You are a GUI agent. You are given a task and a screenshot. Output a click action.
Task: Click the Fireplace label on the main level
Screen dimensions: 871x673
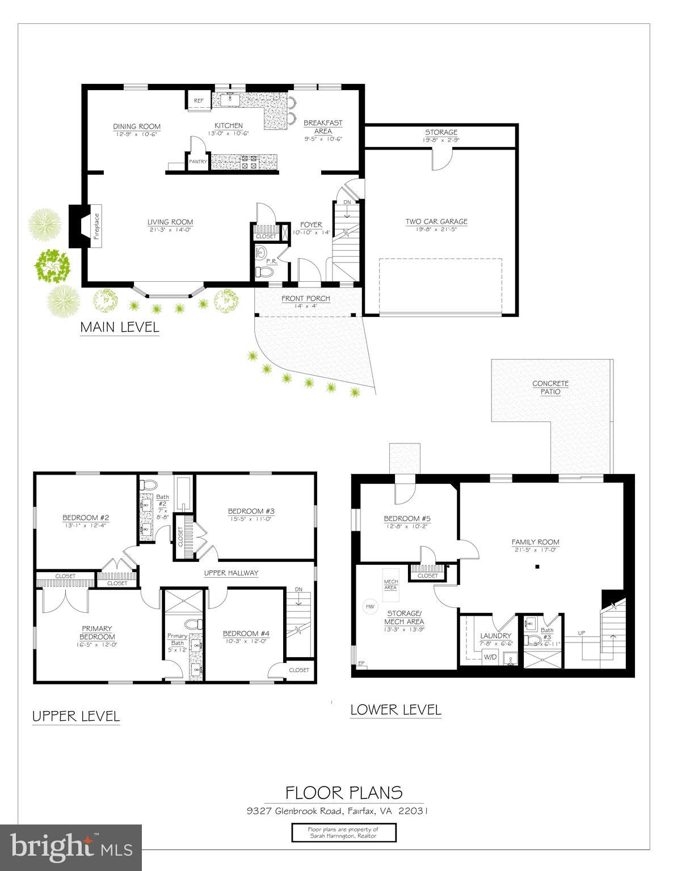pyautogui.click(x=96, y=226)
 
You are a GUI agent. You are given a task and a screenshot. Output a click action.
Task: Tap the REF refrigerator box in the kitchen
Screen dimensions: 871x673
pyautogui.click(x=199, y=100)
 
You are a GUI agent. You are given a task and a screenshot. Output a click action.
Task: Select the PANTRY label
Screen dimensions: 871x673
pyautogui.click(x=198, y=162)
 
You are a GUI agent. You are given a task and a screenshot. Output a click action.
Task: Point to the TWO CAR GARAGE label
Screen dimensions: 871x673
pyautogui.click(x=436, y=222)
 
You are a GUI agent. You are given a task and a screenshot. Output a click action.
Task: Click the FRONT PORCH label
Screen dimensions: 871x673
pyautogui.click(x=306, y=298)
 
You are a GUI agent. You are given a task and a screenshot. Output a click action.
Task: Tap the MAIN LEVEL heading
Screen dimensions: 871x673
pyautogui.click(x=120, y=327)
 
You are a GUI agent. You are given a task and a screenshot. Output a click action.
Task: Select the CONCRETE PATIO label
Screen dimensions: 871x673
pyautogui.click(x=550, y=388)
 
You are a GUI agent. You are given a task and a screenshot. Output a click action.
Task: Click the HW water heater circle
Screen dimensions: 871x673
pyautogui.click(x=371, y=606)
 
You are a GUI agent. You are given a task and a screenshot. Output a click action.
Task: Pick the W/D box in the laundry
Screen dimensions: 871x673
pyautogui.click(x=490, y=657)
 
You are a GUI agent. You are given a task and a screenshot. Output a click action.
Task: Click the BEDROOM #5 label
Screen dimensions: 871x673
pyautogui.click(x=407, y=518)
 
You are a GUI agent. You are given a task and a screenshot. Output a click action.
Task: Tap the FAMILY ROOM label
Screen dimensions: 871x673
pyautogui.click(x=535, y=542)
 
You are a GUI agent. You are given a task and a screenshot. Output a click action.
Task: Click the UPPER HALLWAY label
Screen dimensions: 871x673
pyautogui.click(x=231, y=573)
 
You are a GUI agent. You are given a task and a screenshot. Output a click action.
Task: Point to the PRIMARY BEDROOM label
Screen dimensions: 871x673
pyautogui.click(x=96, y=632)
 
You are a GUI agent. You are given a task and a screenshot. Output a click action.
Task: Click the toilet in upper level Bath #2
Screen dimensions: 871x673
pyautogui.click(x=149, y=485)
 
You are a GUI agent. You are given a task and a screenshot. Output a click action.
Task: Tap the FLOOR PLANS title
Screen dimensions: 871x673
pyautogui.click(x=344, y=792)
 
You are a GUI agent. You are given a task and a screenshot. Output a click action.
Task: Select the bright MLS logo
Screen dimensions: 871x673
pyautogui.click(x=71, y=847)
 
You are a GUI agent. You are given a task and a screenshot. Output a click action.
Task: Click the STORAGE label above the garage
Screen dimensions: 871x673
pyautogui.click(x=441, y=132)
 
